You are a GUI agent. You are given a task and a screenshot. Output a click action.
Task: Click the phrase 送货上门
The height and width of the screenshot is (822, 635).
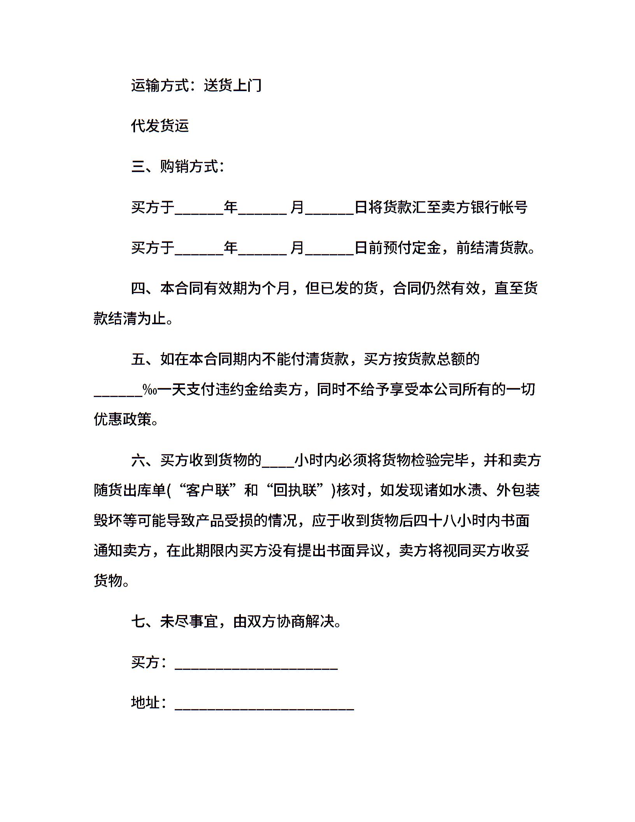point(232,85)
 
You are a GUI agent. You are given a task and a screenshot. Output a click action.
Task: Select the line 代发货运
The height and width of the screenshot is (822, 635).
point(160,126)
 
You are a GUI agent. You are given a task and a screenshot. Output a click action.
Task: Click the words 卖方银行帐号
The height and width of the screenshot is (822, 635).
point(484,207)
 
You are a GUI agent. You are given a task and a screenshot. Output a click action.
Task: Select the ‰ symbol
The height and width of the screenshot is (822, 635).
point(150,390)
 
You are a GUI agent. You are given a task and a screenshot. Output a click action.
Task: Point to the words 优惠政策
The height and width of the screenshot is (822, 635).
point(123,419)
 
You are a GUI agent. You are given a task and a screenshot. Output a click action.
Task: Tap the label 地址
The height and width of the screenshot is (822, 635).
point(146,703)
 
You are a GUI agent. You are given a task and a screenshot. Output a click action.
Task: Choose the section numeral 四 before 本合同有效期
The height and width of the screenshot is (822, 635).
point(138,288)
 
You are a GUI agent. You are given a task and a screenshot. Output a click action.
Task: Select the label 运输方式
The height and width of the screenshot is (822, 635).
point(160,85)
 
